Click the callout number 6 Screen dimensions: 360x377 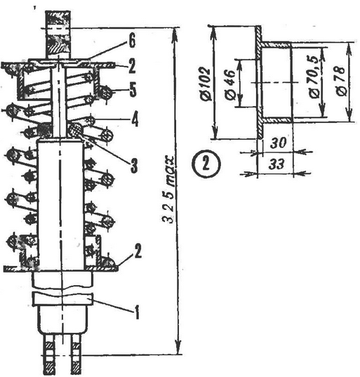click(132, 41)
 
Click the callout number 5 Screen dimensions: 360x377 click(133, 90)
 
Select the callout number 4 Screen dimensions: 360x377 click(135, 119)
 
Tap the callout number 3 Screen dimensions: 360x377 click(134, 165)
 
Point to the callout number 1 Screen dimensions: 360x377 click(137, 312)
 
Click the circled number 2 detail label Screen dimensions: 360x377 click(206, 164)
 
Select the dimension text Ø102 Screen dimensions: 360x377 click(205, 84)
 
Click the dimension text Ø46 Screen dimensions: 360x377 click(229, 85)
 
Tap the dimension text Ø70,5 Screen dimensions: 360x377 click(315, 77)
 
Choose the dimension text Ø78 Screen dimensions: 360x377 click(340, 81)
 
